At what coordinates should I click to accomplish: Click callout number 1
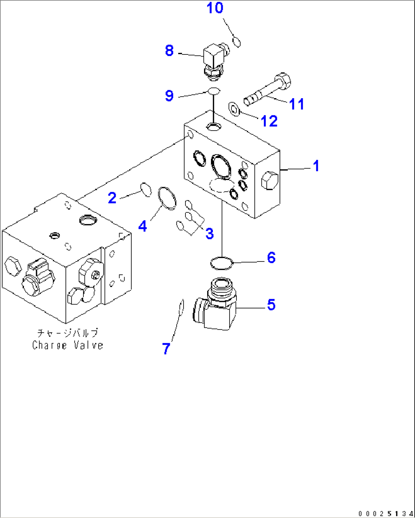(x=316, y=166)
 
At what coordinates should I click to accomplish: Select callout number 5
(x=271, y=304)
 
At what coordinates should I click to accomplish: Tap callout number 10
(x=215, y=8)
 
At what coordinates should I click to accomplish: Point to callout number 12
(x=269, y=121)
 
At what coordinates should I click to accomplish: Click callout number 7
(x=166, y=349)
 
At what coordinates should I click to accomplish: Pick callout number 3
(x=209, y=234)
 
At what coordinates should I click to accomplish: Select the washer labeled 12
(x=234, y=109)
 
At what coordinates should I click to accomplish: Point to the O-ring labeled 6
(x=221, y=263)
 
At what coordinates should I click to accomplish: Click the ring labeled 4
(x=167, y=198)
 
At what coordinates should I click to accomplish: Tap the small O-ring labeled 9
(x=214, y=91)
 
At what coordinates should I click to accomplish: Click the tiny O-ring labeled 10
(x=236, y=42)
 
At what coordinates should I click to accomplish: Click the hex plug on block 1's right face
(x=269, y=180)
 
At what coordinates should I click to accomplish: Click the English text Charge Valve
(x=67, y=345)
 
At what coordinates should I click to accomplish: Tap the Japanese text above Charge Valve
(x=67, y=333)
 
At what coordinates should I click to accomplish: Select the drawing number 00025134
(x=385, y=513)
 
